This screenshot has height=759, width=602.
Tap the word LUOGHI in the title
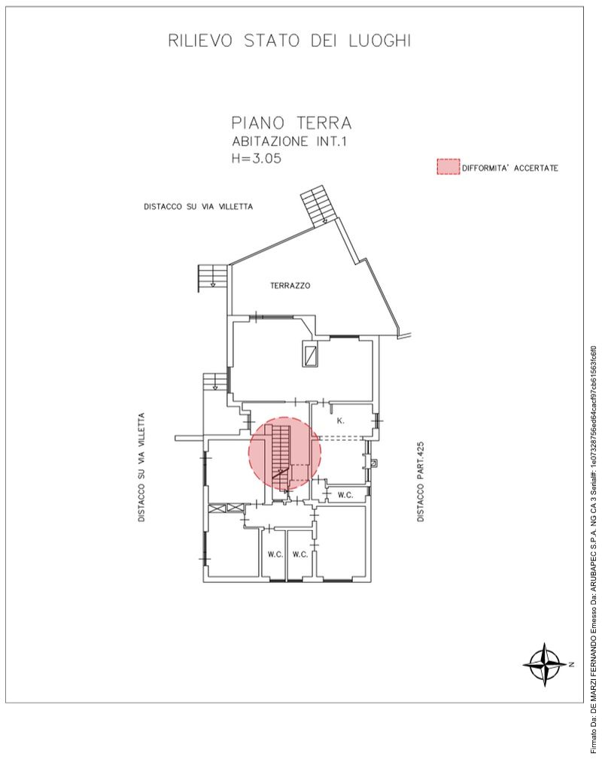coord(380,41)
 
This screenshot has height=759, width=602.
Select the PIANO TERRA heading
coord(291,123)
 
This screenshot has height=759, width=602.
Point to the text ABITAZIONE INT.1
coord(289,142)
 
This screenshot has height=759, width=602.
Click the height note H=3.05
coord(256,158)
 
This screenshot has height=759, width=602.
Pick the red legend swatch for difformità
coord(448,166)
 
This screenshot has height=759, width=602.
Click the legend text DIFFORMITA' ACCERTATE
coord(510,168)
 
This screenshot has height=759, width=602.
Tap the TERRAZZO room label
coord(290,286)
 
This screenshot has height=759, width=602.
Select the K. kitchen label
coord(340,420)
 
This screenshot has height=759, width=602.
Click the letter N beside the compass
coord(572,664)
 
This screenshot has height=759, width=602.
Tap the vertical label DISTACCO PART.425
coord(421,481)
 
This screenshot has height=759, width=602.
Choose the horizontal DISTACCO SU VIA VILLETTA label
coord(198,207)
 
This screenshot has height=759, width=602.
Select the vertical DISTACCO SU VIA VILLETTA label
coord(141,467)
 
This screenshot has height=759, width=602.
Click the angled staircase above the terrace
coord(315,205)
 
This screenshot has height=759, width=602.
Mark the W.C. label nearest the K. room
coord(345,495)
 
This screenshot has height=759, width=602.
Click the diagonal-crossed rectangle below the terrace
coord(310,354)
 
